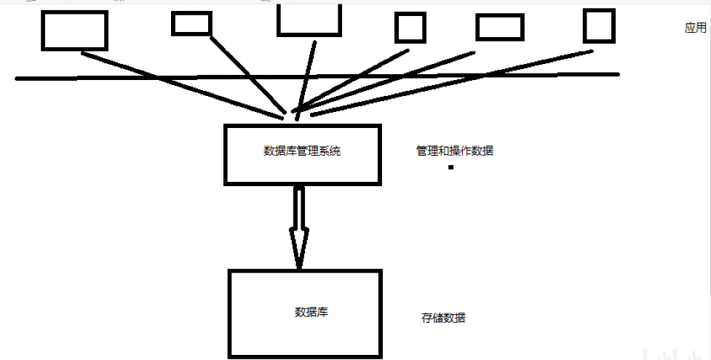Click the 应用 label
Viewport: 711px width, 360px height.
coord(695,28)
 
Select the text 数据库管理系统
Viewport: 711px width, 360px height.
coord(302,151)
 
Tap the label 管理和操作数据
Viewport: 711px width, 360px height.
coord(455,151)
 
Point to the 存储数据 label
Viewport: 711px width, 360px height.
coord(443,318)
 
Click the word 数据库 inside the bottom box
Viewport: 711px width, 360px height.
coord(311,312)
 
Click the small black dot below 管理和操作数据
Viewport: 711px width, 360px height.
coord(451,167)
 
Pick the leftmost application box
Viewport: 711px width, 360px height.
coord(74,30)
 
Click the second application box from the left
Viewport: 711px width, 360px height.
coord(191,24)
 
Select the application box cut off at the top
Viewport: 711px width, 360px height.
coord(309,20)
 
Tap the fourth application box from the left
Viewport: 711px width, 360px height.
coord(410,28)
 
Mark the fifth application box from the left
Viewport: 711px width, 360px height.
coord(500,28)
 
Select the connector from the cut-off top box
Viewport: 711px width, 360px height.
coord(306,73)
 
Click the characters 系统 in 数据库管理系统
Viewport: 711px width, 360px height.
coord(331,151)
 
